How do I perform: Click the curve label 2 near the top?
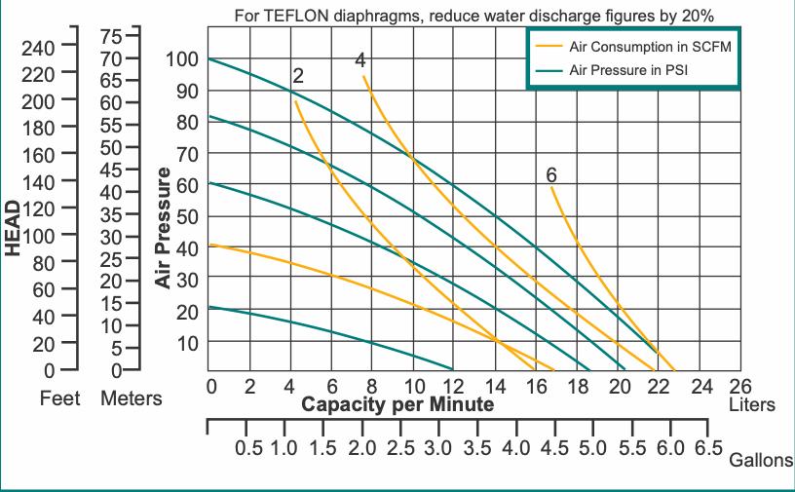coord(297,76)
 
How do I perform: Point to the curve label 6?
coord(551,175)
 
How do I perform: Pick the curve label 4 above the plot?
coord(360,59)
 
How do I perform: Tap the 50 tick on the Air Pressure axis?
coord(186,216)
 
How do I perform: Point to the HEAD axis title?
coord(13,228)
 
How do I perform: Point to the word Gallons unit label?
coord(761,461)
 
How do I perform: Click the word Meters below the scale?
coord(132,398)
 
